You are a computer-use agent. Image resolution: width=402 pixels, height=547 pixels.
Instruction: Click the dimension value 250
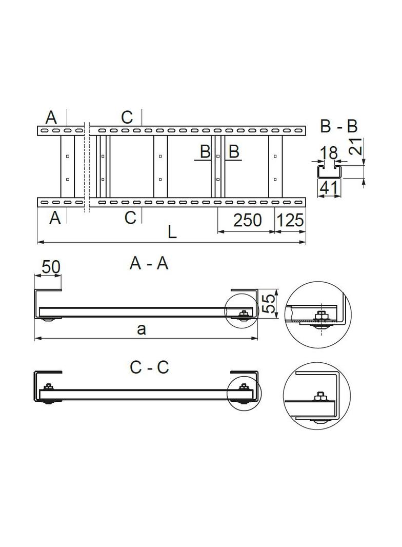(x=247, y=220)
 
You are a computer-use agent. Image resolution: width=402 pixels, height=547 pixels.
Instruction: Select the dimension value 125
(x=290, y=220)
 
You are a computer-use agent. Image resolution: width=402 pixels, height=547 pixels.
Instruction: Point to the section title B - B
(x=338, y=126)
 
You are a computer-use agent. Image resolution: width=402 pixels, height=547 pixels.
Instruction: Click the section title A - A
(x=149, y=263)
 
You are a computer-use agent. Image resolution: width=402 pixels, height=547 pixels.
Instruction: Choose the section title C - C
(x=149, y=367)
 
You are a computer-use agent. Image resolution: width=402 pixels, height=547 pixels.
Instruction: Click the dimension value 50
(x=51, y=267)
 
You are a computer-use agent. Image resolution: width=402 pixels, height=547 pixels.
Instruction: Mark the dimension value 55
(x=268, y=303)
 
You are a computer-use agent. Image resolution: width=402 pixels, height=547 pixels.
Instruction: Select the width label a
(x=142, y=329)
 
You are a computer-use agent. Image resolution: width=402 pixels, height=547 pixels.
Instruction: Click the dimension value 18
(x=329, y=153)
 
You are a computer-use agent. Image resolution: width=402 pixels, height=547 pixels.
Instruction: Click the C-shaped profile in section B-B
(x=329, y=172)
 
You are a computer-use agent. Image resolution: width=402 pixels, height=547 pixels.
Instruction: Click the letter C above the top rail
(x=127, y=117)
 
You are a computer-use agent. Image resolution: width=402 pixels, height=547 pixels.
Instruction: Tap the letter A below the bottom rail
(x=55, y=218)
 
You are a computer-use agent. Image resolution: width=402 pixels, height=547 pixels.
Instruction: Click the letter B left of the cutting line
(x=205, y=152)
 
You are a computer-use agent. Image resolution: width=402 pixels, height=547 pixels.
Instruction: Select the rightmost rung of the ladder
(x=275, y=167)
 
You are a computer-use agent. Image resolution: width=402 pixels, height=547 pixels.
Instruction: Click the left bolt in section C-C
(x=48, y=387)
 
